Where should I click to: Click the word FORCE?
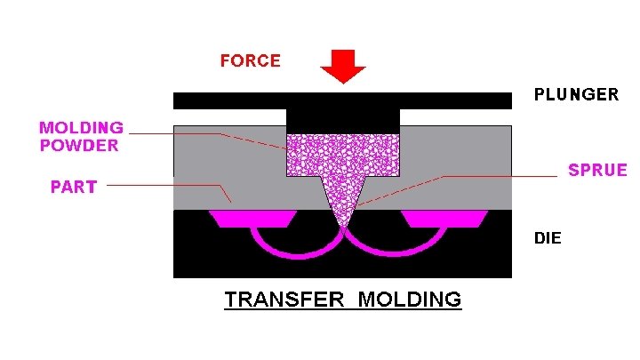[251, 61]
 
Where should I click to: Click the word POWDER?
[78, 146]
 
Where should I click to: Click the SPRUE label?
[597, 171]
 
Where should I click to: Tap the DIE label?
[548, 238]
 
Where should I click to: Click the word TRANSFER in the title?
[282, 299]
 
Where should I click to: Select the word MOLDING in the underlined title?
[410, 299]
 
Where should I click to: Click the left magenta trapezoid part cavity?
[252, 219]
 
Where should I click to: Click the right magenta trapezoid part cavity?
[444, 219]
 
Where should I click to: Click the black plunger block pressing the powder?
[343, 117]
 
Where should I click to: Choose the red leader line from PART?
[169, 186]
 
